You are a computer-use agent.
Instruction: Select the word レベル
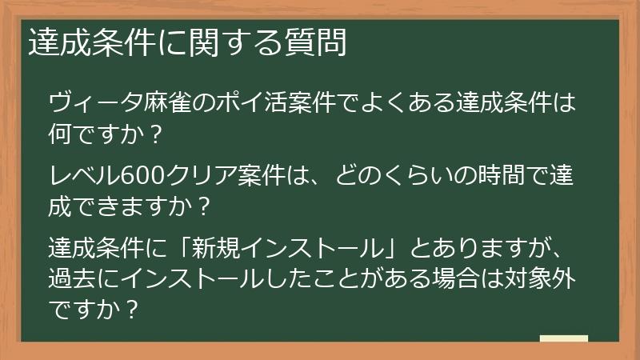click(84, 174)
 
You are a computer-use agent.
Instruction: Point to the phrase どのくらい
click(390, 174)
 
